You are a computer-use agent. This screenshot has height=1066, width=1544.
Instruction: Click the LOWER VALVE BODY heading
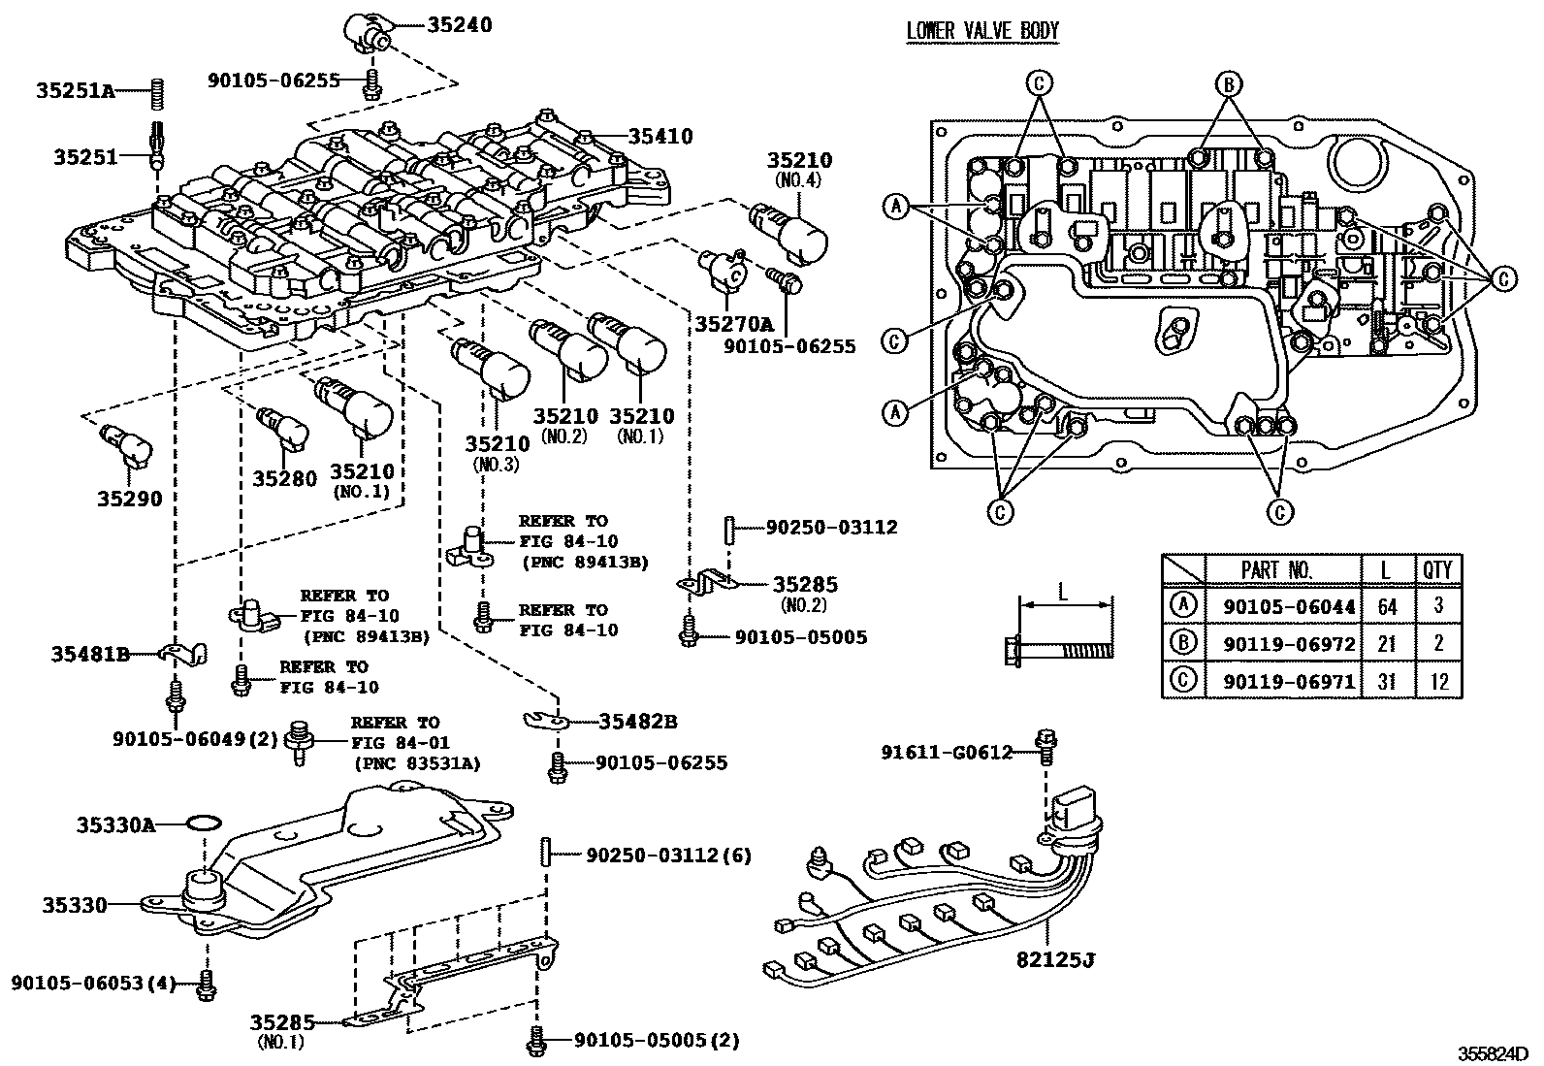[x=981, y=31]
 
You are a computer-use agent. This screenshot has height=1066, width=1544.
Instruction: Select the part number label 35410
[x=660, y=137]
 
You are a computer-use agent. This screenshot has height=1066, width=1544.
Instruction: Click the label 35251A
[x=76, y=91]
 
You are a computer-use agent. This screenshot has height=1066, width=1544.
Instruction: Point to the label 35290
[x=129, y=499]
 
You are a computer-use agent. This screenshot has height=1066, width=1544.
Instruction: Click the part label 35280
[x=284, y=478]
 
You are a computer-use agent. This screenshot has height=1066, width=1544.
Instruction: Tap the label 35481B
[x=90, y=655]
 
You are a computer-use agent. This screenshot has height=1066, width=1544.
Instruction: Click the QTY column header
[x=1437, y=569]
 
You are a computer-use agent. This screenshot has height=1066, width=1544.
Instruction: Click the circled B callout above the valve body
[x=1229, y=84]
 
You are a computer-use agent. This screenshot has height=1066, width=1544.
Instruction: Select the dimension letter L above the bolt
[x=1063, y=591]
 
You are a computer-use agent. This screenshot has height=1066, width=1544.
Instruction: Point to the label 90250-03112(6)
[x=668, y=855]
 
